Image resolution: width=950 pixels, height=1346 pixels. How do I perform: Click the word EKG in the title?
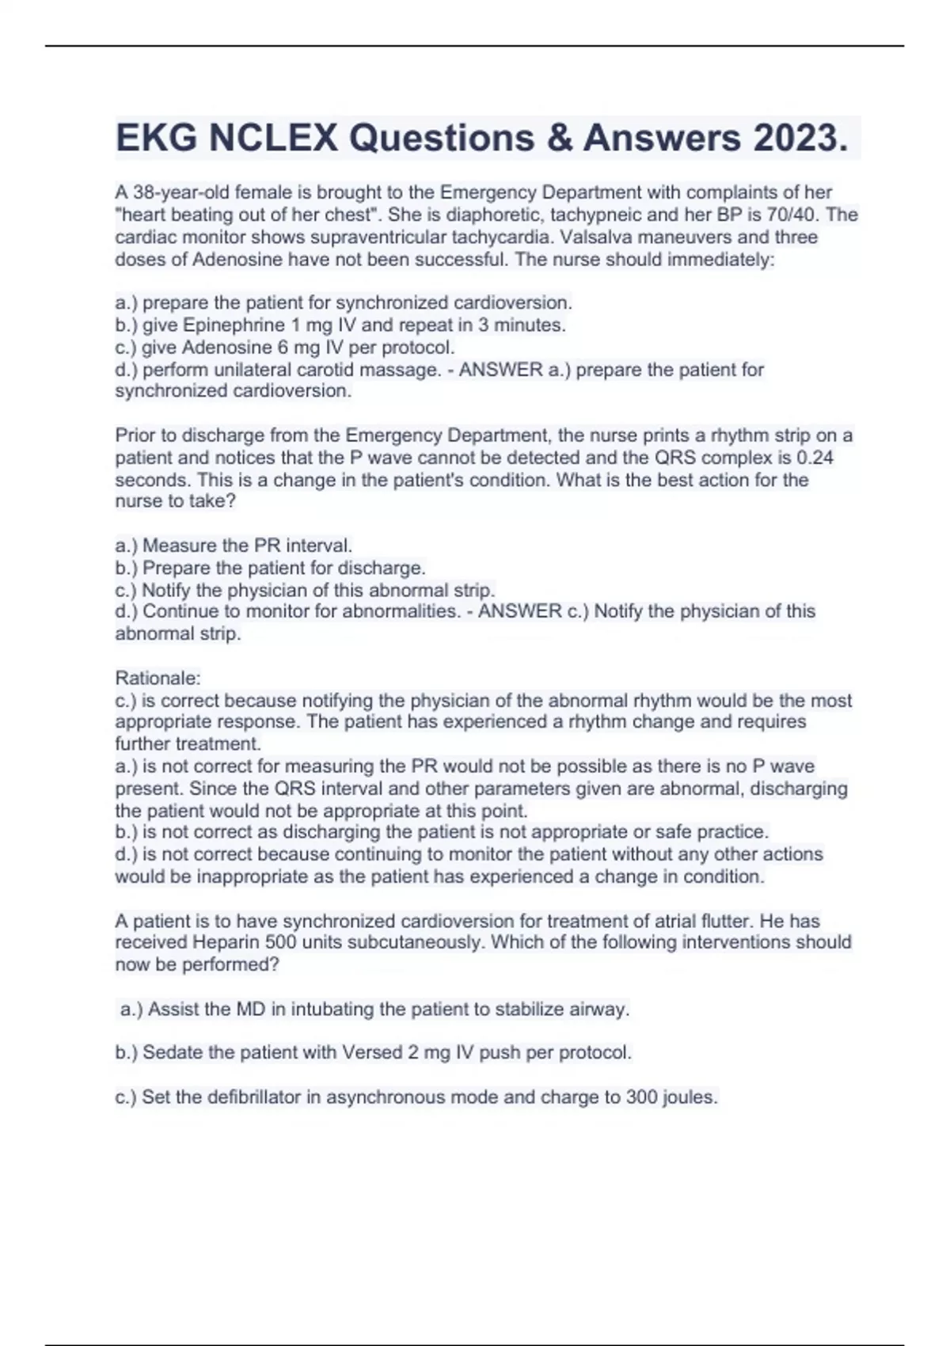pyautogui.click(x=157, y=139)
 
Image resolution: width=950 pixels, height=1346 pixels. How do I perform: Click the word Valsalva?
pyautogui.click(x=605, y=237)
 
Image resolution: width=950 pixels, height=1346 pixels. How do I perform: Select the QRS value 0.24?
pyautogui.click(x=815, y=458)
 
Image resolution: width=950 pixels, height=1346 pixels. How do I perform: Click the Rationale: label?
pyautogui.click(x=158, y=678)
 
